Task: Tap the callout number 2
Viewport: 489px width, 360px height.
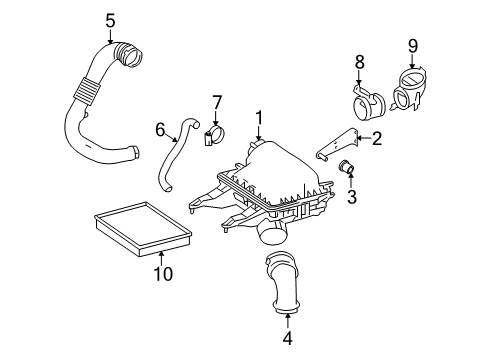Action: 377,139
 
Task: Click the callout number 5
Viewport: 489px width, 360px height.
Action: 110,18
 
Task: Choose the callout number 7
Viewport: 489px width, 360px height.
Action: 216,104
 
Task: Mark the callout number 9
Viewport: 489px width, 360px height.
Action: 411,44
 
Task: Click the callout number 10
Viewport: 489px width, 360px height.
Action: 161,273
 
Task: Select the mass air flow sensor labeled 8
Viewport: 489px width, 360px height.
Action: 364,100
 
